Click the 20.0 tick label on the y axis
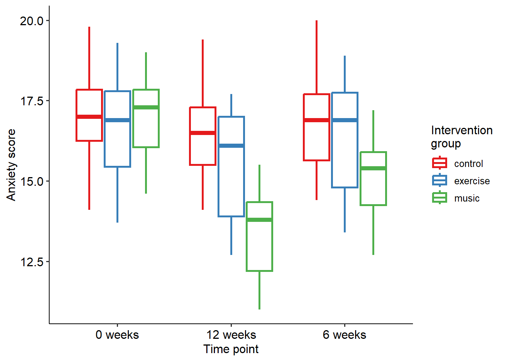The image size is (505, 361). pos(32,21)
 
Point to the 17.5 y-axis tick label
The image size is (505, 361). pos(32,101)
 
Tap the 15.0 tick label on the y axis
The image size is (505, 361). pos(32,181)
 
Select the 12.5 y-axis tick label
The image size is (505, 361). pos(32,262)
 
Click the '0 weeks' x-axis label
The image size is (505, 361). pos(117,335)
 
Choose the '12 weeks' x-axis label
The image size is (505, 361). pos(231,335)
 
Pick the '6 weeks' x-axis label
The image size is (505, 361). pos(345,335)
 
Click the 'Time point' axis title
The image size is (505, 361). pos(231,349)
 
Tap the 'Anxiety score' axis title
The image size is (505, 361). pos(11,165)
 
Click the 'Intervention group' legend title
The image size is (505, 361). pos(461,137)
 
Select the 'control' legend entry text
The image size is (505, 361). pos(469,164)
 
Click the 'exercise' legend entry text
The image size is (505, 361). pos(472,181)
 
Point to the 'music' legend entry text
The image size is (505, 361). pos(467,198)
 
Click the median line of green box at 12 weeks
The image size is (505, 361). pos(260,220)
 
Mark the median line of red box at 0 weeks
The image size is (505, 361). pos(89,117)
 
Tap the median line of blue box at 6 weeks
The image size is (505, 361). pos(345,120)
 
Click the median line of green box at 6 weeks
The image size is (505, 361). pos(373,168)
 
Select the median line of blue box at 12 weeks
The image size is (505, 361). pos(231,146)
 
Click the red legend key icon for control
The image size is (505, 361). pos(440,163)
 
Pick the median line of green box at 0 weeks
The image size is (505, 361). pos(146,107)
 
